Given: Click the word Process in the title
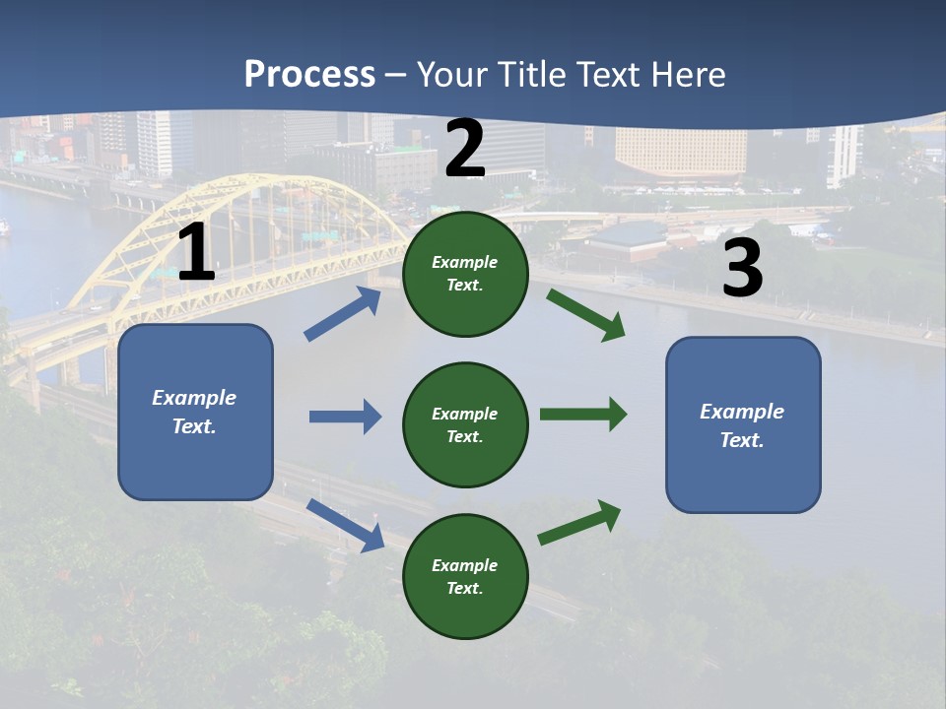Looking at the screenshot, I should click(x=309, y=75).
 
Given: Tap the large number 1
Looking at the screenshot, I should click(x=196, y=254).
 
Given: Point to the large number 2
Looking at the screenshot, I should click(x=465, y=150).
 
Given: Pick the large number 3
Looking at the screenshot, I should click(x=742, y=269).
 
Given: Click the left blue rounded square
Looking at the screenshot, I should click(x=195, y=412).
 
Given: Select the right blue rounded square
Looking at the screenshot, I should click(x=743, y=424).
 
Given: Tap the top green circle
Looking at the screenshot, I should click(x=465, y=274).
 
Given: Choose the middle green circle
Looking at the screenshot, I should click(x=465, y=424).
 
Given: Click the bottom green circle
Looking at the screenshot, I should click(x=465, y=576).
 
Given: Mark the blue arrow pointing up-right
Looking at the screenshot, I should click(x=343, y=313).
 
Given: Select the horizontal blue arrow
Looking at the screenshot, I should click(x=345, y=417).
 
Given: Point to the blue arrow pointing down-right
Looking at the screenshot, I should click(x=345, y=525).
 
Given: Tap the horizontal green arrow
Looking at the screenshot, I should click(x=583, y=414).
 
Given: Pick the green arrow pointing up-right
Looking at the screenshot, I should click(x=579, y=522).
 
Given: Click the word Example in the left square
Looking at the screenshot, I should click(x=194, y=398).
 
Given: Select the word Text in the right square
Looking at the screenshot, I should click(x=740, y=440).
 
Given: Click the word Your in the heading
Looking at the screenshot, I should click(x=453, y=75).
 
